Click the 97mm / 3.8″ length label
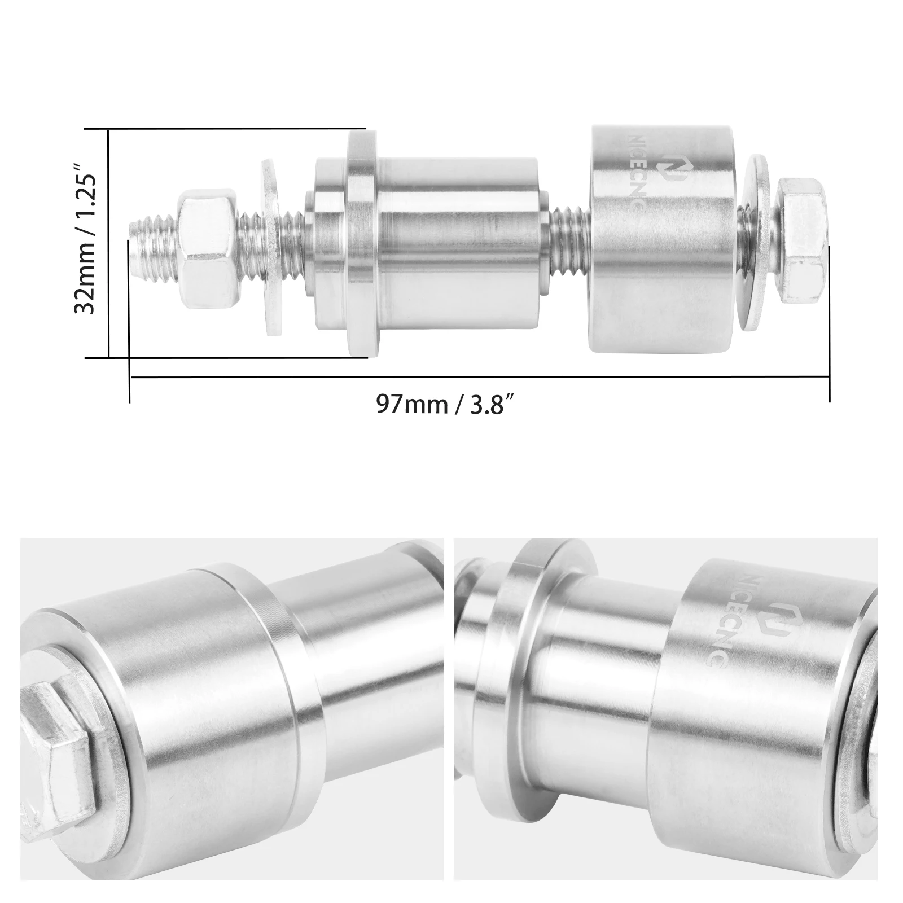[446, 405]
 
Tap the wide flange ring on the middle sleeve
[361, 243]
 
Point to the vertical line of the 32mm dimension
[108, 243]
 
